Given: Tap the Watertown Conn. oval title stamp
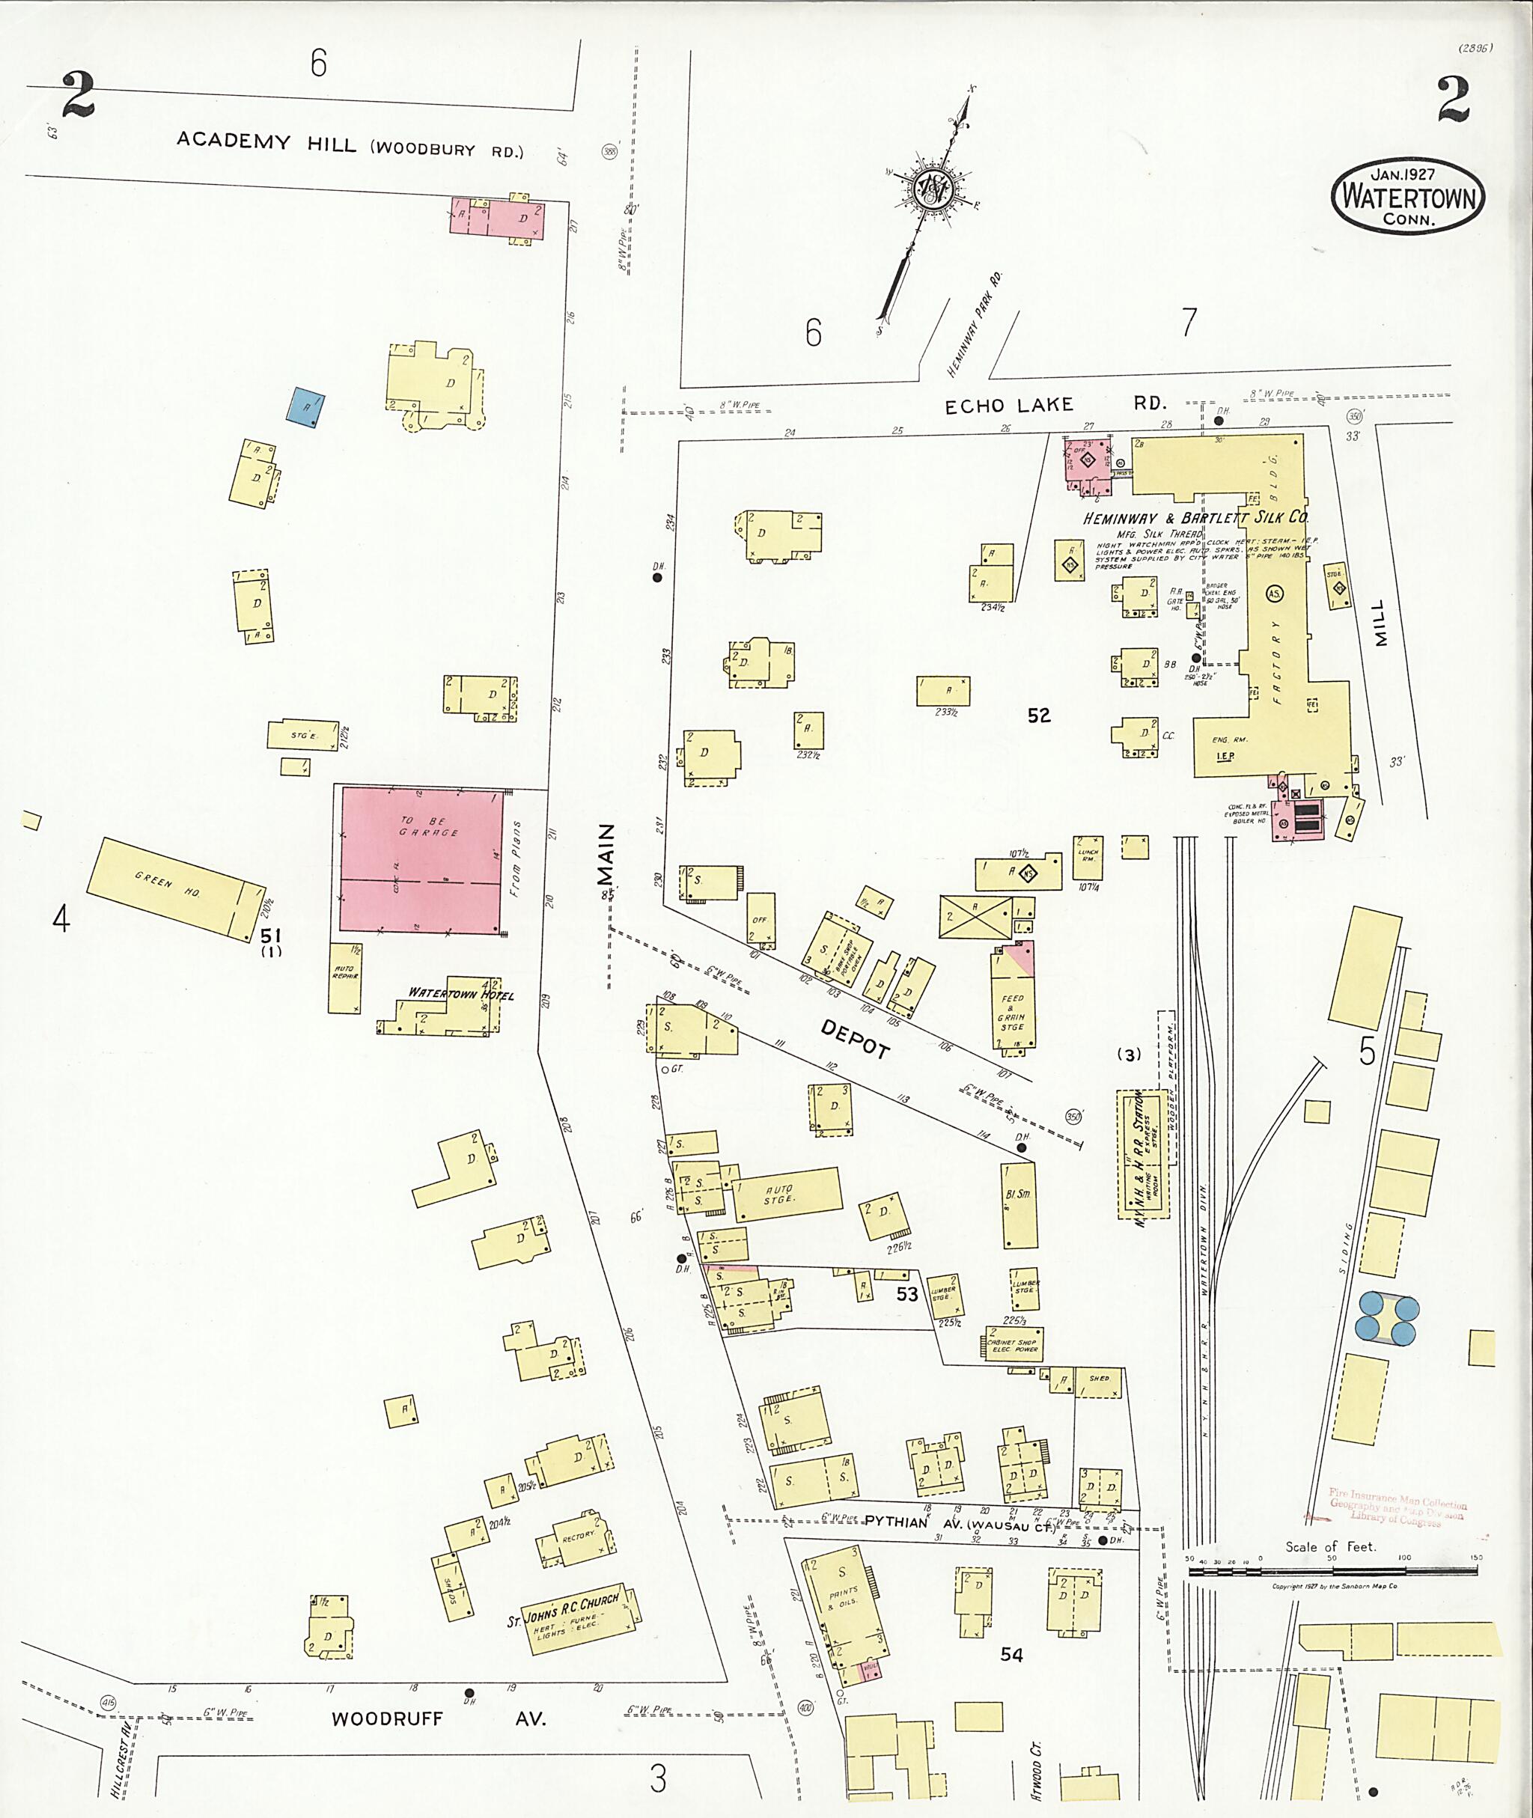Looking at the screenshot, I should click(x=1408, y=196).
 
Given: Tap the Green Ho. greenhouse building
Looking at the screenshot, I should click(x=174, y=888).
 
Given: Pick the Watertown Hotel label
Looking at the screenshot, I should click(x=461, y=994).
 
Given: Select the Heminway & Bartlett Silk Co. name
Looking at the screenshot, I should click(x=1195, y=518).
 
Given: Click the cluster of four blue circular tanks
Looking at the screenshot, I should click(x=1387, y=1317).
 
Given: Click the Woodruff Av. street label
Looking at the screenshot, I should click(x=439, y=1718).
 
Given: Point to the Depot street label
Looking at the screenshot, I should click(x=856, y=1039).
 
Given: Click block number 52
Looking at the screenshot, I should click(x=1038, y=716).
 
